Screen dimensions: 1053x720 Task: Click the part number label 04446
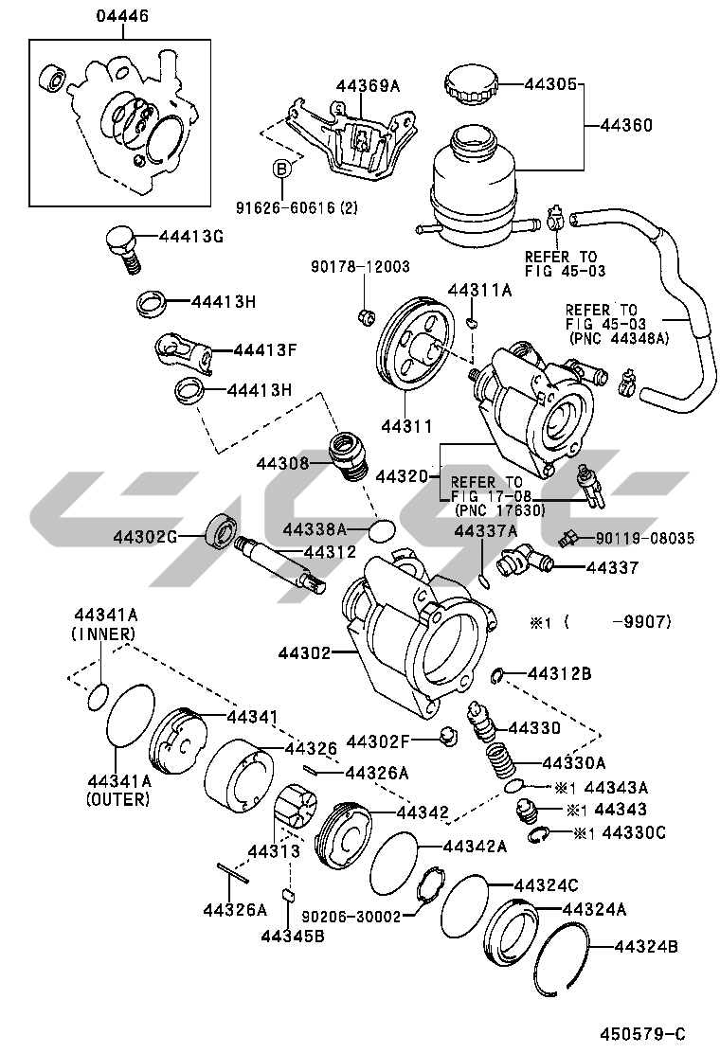click(x=121, y=17)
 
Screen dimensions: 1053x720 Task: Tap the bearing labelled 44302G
click(x=222, y=529)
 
